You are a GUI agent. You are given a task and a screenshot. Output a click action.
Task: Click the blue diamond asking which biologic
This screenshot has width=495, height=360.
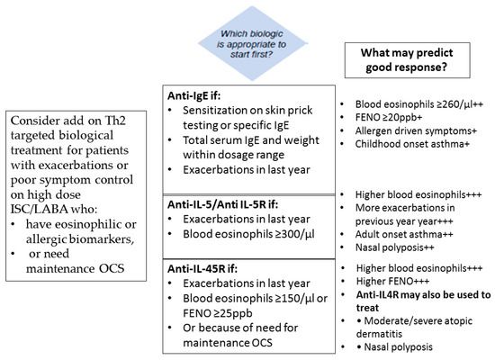tap(252, 43)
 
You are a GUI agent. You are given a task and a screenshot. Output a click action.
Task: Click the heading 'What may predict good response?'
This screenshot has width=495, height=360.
tap(407, 59)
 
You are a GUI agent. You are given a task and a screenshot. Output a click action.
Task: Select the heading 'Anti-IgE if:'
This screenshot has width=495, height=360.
tap(193, 95)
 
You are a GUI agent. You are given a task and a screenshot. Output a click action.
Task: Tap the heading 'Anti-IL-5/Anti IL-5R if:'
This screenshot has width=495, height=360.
tap(222, 204)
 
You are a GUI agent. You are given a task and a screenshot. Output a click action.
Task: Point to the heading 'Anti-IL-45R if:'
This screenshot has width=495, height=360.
tap(202, 268)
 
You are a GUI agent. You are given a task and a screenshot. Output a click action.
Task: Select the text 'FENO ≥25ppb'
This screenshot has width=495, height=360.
tap(218, 313)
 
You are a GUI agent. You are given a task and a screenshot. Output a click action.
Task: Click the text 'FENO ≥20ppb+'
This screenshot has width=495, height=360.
tap(389, 118)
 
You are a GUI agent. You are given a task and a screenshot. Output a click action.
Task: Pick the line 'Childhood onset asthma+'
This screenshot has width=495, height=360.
tap(412, 144)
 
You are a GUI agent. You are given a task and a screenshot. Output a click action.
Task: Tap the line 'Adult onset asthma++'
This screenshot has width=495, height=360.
tap(404, 234)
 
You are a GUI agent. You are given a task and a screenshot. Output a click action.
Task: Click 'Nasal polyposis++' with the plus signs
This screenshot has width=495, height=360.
tap(394, 247)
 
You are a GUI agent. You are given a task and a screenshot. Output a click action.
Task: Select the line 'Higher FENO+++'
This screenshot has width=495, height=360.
tap(392, 281)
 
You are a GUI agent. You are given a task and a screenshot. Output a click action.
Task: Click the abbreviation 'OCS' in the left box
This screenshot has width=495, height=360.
tap(112, 268)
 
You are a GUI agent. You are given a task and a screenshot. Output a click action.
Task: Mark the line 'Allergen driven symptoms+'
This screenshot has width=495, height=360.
tap(416, 130)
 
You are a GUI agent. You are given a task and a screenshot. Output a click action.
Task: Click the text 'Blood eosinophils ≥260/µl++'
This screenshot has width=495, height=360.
tap(419, 104)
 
